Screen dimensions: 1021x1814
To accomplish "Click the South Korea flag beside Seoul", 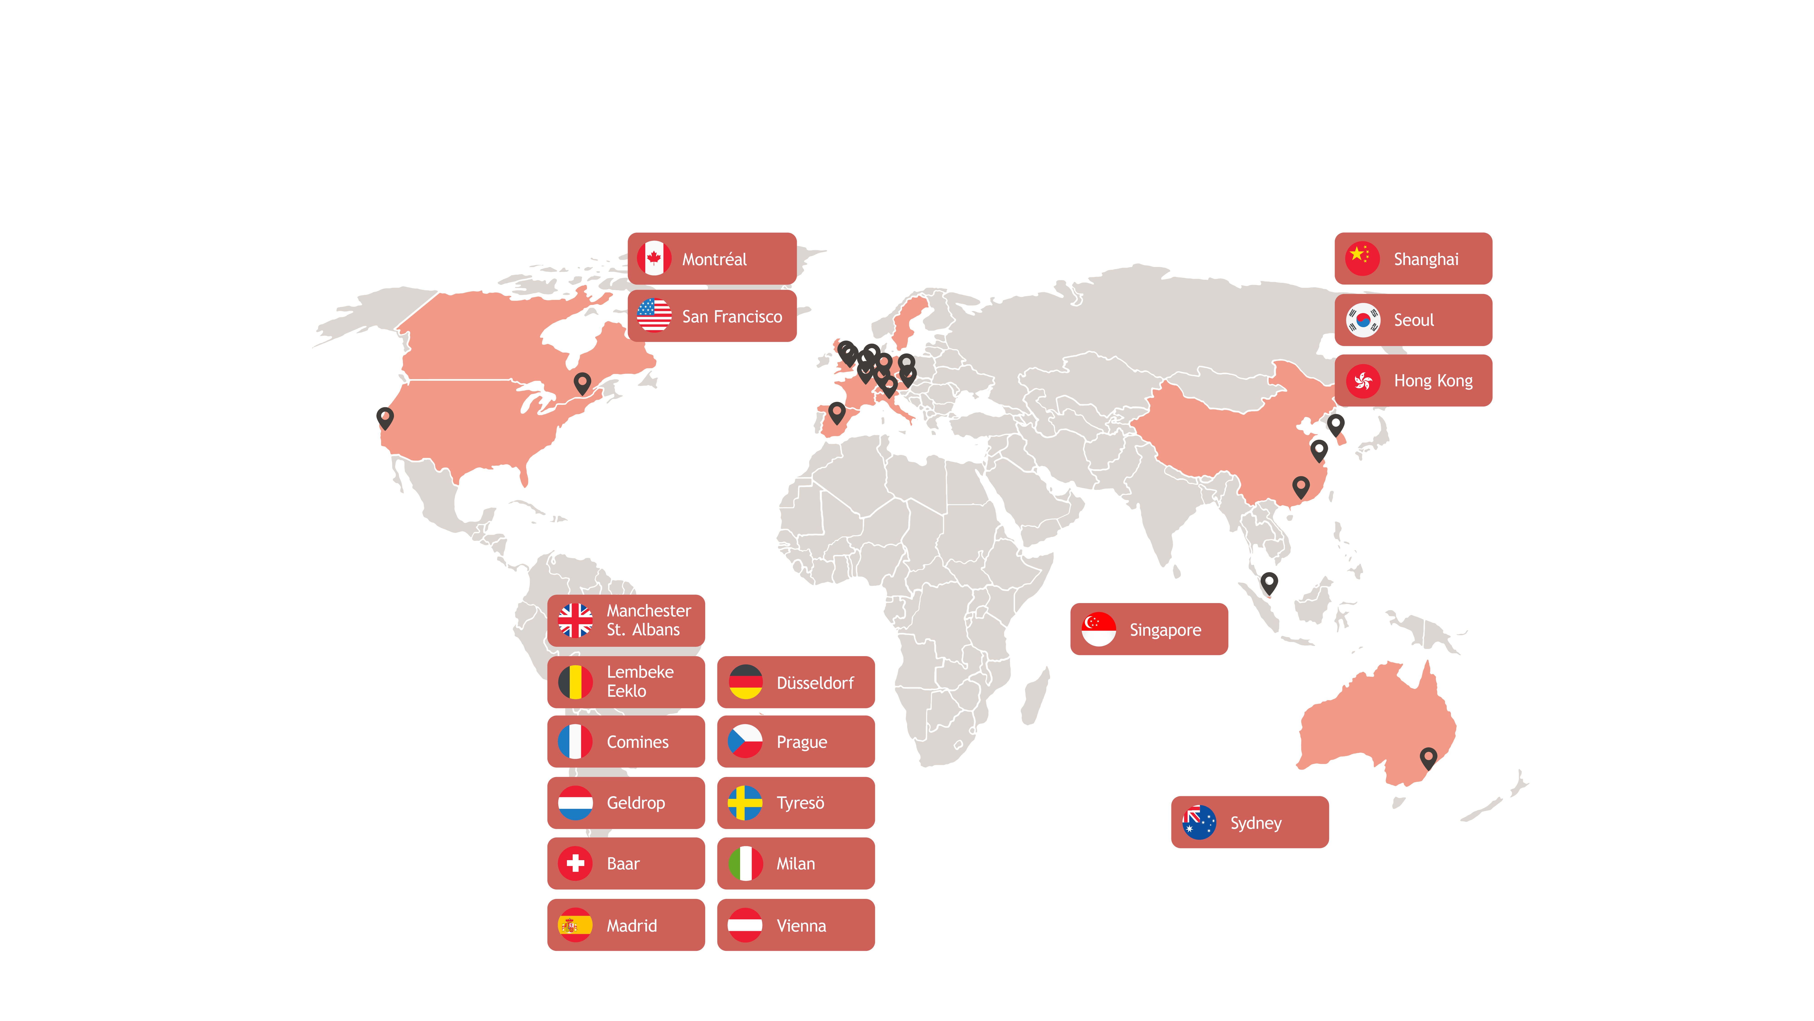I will pos(1363,320).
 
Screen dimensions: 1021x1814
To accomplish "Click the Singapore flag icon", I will pos(1099,629).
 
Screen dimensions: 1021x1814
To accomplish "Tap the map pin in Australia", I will pos(1428,758).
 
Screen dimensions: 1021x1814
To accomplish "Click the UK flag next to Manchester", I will pos(575,620).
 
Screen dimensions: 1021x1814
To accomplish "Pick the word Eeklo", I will pos(626,691).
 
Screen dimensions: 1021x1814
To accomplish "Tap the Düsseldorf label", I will pos(815,683).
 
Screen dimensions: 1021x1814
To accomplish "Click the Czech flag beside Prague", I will pos(745,741).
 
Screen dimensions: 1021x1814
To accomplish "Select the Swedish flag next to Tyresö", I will pos(745,803).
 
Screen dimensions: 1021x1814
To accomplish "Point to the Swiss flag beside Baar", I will pos(575,863).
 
